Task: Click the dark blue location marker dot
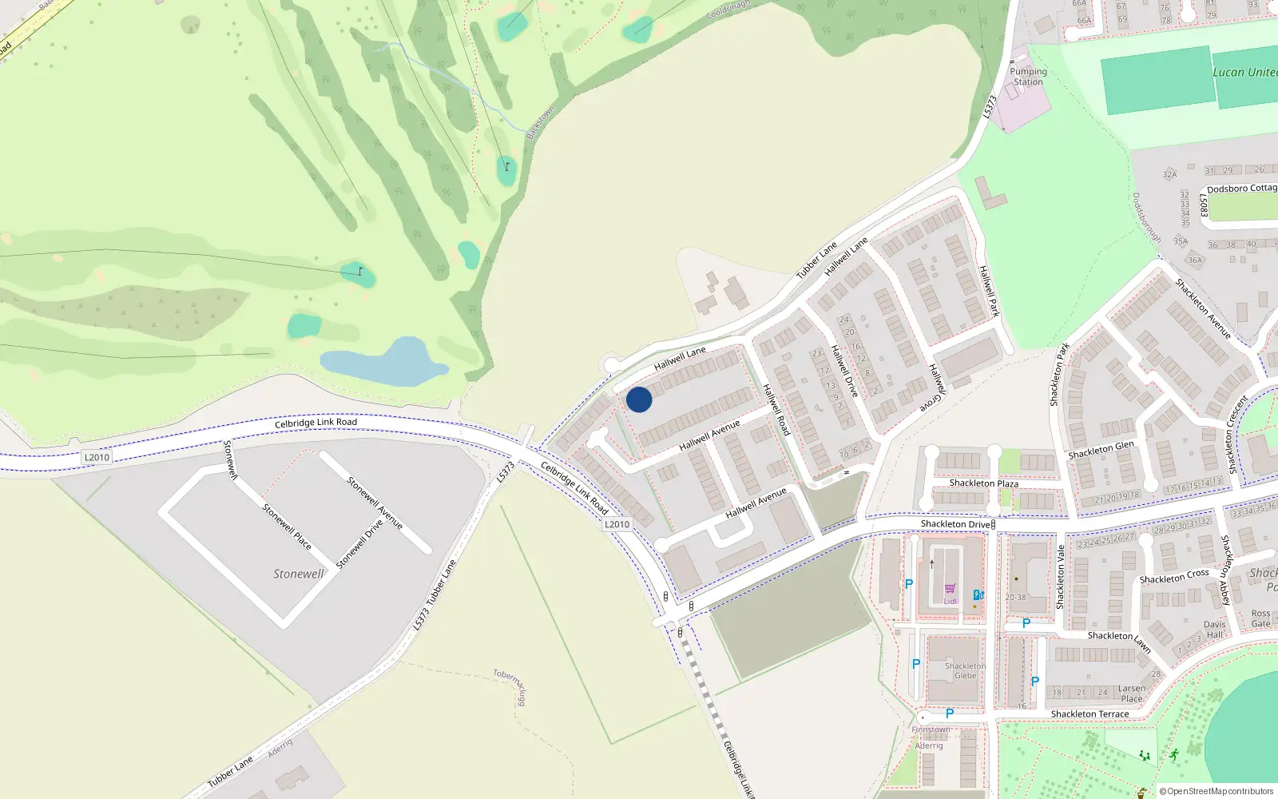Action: click(639, 399)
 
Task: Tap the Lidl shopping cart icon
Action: click(950, 589)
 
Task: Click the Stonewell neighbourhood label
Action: click(299, 574)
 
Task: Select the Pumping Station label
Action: click(1028, 77)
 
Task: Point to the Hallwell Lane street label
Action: click(680, 359)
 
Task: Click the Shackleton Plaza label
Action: click(983, 483)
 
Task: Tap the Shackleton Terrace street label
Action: click(1089, 714)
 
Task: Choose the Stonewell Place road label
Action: click(287, 526)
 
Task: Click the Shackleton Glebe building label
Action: click(965, 670)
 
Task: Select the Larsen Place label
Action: click(1132, 694)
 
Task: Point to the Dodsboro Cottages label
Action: click(1241, 189)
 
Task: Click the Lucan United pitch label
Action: click(1244, 73)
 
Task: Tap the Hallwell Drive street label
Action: click(844, 371)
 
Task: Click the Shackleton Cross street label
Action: click(1174, 576)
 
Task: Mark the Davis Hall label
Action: click(1214, 630)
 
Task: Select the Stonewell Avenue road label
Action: click(375, 503)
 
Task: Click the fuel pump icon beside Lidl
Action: click(978, 594)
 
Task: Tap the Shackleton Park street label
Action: click(1059, 374)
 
